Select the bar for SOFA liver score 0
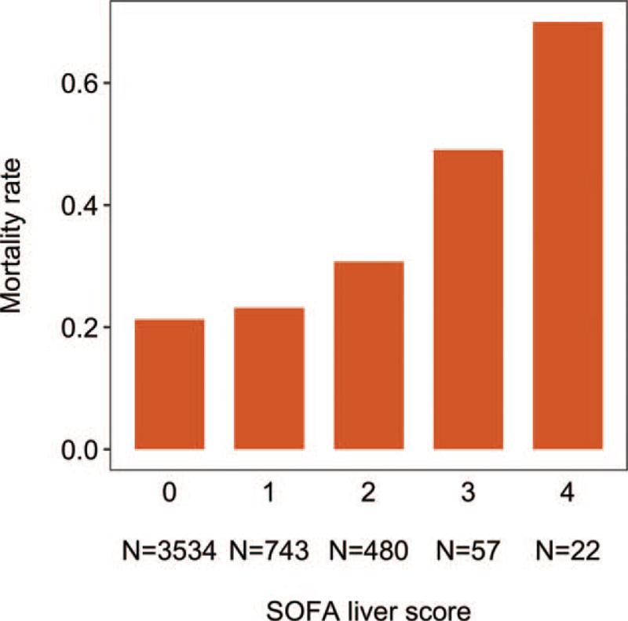pos(170,384)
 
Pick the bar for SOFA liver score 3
pos(469,299)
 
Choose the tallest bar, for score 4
pos(568,235)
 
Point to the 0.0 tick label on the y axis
pos(76,450)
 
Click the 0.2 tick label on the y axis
pos(76,328)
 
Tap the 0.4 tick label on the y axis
pos(76,205)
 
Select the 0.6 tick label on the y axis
pos(76,83)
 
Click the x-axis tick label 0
pos(170,496)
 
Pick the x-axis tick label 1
pos(269,496)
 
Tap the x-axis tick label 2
pos(369,496)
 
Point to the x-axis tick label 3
pos(469,496)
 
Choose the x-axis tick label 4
pos(568,496)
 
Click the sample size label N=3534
pos(170,550)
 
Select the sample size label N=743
pos(269,550)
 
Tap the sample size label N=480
pos(369,550)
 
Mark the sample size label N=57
pos(469,550)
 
